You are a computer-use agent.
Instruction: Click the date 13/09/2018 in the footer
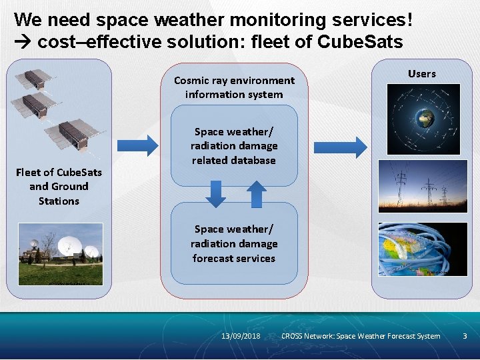coord(241,336)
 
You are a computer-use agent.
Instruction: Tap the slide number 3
coord(465,336)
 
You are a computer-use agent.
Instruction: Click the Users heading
coord(421,74)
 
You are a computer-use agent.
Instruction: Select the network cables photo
coord(422,249)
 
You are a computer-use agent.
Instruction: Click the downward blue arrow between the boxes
coord(215,193)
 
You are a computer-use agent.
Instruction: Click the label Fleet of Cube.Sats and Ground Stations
coord(59,187)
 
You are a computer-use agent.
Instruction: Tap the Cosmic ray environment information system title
coord(234,87)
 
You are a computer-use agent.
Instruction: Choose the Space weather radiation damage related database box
coord(234,146)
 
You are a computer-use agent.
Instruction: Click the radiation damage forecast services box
coord(234,243)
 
